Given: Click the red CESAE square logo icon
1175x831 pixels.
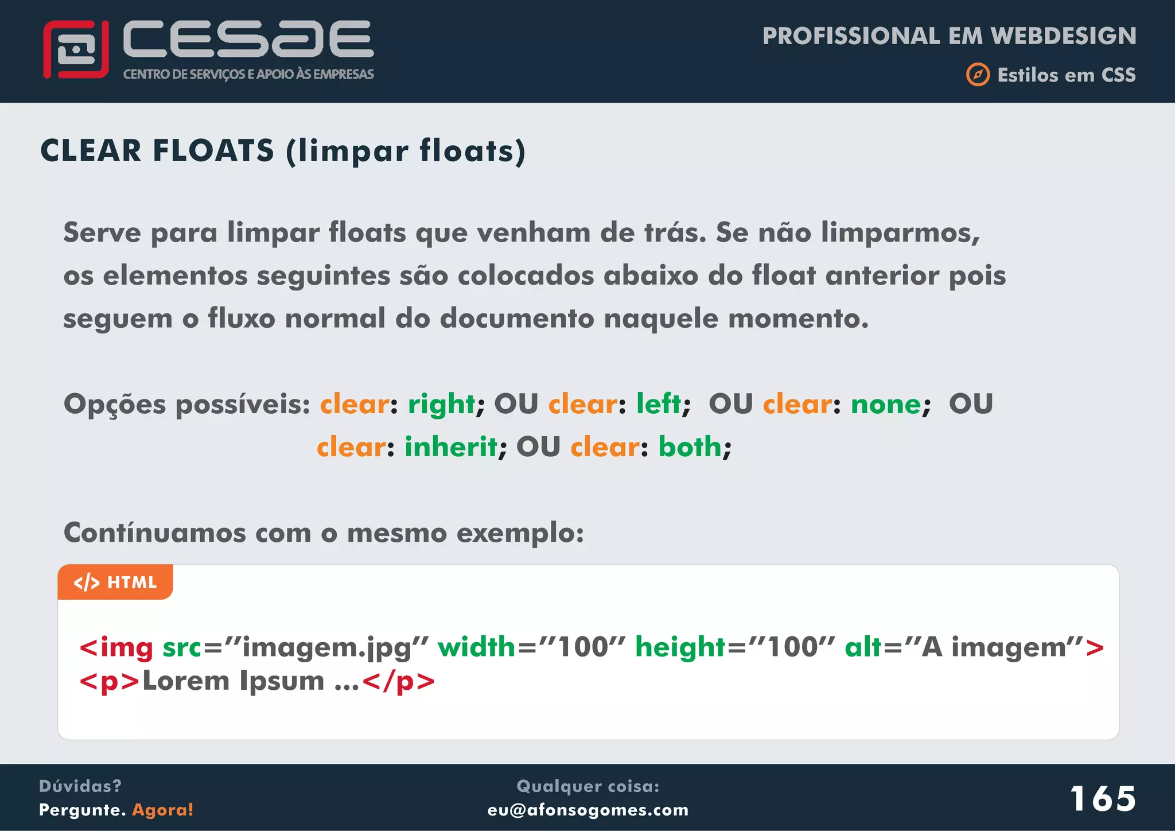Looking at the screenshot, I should [76, 49].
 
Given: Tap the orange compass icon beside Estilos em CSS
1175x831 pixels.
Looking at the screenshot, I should [978, 75].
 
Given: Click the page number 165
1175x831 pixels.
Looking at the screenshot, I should [1102, 798].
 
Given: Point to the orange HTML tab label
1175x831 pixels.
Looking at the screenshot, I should [115, 582].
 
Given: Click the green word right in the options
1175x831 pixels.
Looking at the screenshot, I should [441, 405].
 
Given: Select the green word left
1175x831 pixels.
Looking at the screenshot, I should [659, 403].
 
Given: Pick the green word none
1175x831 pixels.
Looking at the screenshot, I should [886, 405].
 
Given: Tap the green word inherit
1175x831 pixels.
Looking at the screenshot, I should [451, 447].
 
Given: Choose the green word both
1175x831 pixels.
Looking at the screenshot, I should [690, 447].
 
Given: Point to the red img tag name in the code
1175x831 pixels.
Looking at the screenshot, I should [126, 647].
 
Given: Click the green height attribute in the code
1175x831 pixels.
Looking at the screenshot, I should [680, 647].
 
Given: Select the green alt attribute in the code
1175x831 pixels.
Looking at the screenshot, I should [863, 647].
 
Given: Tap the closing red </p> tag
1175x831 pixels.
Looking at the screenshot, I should [399, 681].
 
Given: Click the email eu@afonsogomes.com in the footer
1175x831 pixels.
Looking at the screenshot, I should [587, 810].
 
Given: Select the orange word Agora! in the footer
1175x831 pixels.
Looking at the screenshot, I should [163, 810].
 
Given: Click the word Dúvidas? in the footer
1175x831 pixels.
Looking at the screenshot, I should [80, 786].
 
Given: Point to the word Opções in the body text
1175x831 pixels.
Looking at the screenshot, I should [114, 405].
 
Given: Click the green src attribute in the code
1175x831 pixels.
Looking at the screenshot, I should [182, 647].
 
